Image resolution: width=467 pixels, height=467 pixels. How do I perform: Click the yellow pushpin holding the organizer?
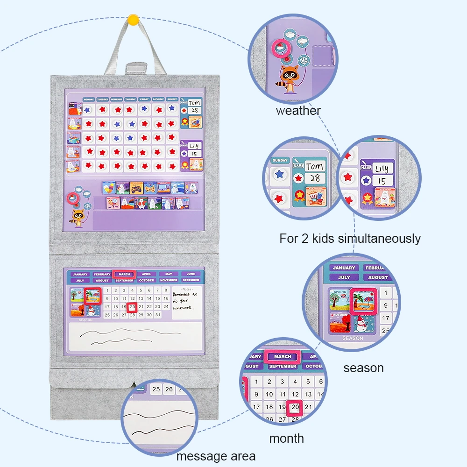[133, 20]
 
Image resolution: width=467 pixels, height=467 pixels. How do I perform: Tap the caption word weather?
[298, 111]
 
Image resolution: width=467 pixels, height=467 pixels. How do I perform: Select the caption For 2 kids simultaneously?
[350, 239]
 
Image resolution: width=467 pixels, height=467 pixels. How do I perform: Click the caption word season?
[363, 368]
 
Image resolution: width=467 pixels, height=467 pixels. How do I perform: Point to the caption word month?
[286, 439]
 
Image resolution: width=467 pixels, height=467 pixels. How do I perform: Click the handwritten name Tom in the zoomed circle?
[314, 167]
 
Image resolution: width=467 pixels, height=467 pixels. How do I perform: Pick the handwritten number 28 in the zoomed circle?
[315, 178]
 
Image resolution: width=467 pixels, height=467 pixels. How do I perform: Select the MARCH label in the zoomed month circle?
[283, 356]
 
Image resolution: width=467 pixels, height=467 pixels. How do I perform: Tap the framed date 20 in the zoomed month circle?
[295, 407]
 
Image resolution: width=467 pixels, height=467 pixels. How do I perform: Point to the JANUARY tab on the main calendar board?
[80, 274]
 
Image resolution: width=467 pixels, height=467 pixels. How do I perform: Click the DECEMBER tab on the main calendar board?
[191, 280]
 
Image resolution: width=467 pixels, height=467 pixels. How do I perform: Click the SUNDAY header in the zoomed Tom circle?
[280, 160]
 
